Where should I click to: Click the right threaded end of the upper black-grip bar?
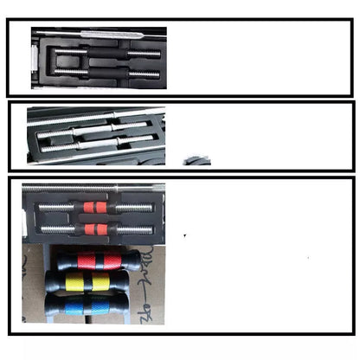click(x=145, y=54)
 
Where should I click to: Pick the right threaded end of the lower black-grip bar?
click(x=144, y=74)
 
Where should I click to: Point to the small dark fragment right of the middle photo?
click(x=198, y=161)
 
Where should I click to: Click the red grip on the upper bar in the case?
click(x=94, y=208)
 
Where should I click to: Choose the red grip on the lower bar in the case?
click(x=94, y=229)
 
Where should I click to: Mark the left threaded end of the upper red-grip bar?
click(x=57, y=208)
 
